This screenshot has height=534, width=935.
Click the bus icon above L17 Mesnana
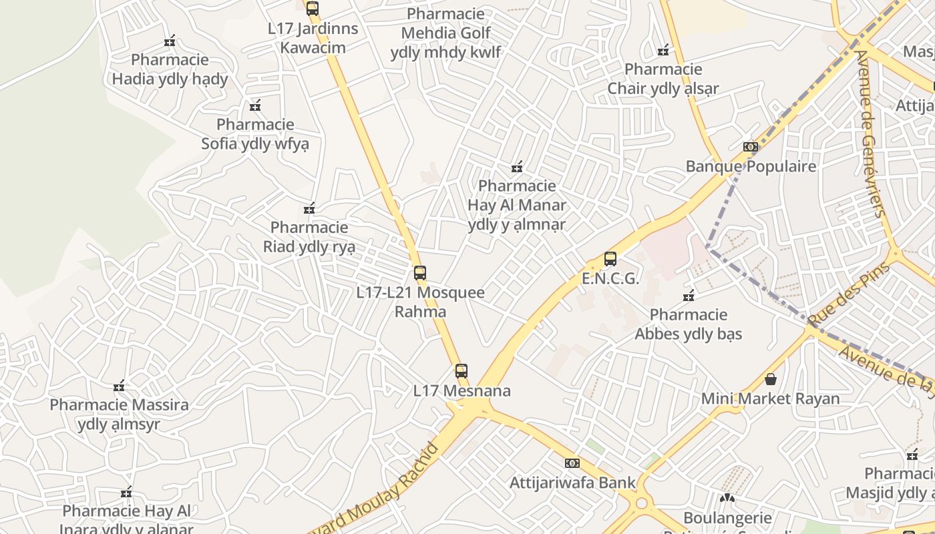[461, 371]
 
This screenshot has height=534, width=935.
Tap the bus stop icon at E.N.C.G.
[610, 259]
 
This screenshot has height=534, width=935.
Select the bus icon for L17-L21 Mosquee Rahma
[419, 273]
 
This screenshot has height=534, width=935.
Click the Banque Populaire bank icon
[751, 147]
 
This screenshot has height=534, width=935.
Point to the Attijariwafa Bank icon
[572, 463]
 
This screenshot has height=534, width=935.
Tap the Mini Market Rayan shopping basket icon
[771, 379]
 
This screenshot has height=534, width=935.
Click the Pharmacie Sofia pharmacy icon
[255, 105]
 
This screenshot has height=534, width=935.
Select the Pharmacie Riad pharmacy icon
[309, 209]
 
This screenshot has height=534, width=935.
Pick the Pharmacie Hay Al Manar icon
[516, 166]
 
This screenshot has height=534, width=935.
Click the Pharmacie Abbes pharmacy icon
[689, 295]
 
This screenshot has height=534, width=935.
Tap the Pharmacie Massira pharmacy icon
[119, 386]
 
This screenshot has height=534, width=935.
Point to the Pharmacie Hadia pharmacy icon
[170, 41]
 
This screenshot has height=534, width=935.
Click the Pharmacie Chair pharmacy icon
[663, 50]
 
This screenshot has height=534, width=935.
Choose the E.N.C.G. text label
[610, 278]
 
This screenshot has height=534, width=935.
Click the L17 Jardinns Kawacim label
[313, 38]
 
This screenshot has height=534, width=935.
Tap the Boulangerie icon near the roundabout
[727, 498]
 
